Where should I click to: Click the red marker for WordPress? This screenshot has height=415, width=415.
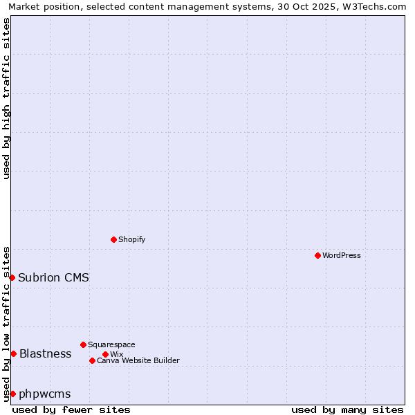coord(317,255)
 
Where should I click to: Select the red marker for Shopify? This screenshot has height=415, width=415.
coord(113,239)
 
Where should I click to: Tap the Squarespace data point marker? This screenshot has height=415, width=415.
coord(83,344)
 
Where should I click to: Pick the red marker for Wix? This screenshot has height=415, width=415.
coord(105,354)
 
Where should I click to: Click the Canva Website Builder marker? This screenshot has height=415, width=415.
coord(92,360)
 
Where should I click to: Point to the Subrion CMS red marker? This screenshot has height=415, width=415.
coord(12,277)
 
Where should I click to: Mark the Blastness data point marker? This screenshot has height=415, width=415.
coord(13,353)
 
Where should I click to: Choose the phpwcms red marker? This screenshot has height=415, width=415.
coord(12,394)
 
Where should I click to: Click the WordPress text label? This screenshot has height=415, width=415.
coord(342,255)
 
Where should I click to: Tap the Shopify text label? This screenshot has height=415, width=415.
coord(131,239)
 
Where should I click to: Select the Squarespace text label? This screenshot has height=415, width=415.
coord(111,344)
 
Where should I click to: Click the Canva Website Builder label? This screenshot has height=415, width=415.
coord(138,360)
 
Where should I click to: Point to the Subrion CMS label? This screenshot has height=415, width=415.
coord(53,277)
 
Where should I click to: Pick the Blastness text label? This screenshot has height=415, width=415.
coord(45,353)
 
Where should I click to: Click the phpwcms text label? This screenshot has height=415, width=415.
coord(44,394)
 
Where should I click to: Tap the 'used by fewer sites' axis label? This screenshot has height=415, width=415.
coord(71,409)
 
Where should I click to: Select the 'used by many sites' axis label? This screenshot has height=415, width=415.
coord(347,409)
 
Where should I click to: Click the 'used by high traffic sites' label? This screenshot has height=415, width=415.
coord(6,98)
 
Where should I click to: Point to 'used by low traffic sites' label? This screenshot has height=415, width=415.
coord(6,323)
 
